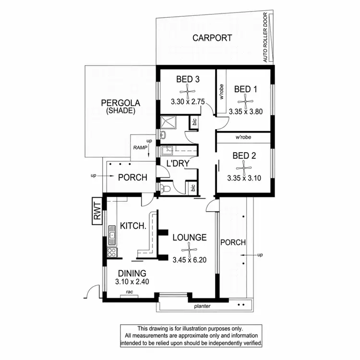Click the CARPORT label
pos(212,38)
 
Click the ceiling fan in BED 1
pos(245,100)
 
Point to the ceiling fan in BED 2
pos(244,168)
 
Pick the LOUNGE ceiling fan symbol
pos(190,249)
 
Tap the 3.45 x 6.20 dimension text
pos(190,261)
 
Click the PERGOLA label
pos(120,103)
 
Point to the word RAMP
pos(140,148)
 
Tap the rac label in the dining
pos(129,291)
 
